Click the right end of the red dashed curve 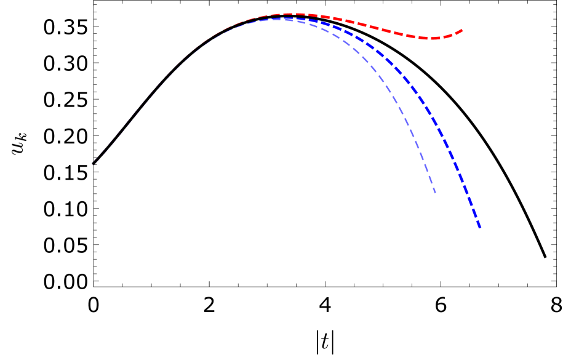coord(463,30)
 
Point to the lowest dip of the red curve coord(434,39)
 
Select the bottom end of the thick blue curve coord(479,228)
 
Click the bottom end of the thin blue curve coord(436,193)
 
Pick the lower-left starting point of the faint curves coord(94,164)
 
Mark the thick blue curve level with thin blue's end coord(467,193)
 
